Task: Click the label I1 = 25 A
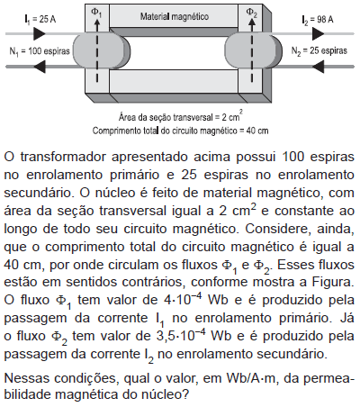pyautogui.click(x=40, y=20)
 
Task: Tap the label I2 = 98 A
pyautogui.click(x=318, y=20)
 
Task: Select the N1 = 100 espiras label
pyautogui.click(x=40, y=51)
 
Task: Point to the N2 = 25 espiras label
pyautogui.click(x=319, y=50)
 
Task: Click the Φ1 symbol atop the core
pyautogui.click(x=96, y=13)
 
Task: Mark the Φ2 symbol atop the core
pyautogui.click(x=251, y=13)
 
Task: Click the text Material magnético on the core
pyautogui.click(x=175, y=16)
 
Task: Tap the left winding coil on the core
pyautogui.click(x=102, y=51)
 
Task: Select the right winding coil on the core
pyautogui.click(x=253, y=51)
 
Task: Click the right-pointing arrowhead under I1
pyautogui.click(x=39, y=33)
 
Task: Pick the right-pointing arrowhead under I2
pyautogui.click(x=318, y=33)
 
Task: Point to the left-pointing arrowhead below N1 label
pyautogui.click(x=40, y=67)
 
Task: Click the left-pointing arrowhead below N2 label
pyautogui.click(x=319, y=67)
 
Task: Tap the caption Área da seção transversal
pyautogui.click(x=181, y=116)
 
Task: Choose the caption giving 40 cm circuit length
pyautogui.click(x=180, y=131)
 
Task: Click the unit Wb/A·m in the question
pyautogui.click(x=250, y=378)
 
